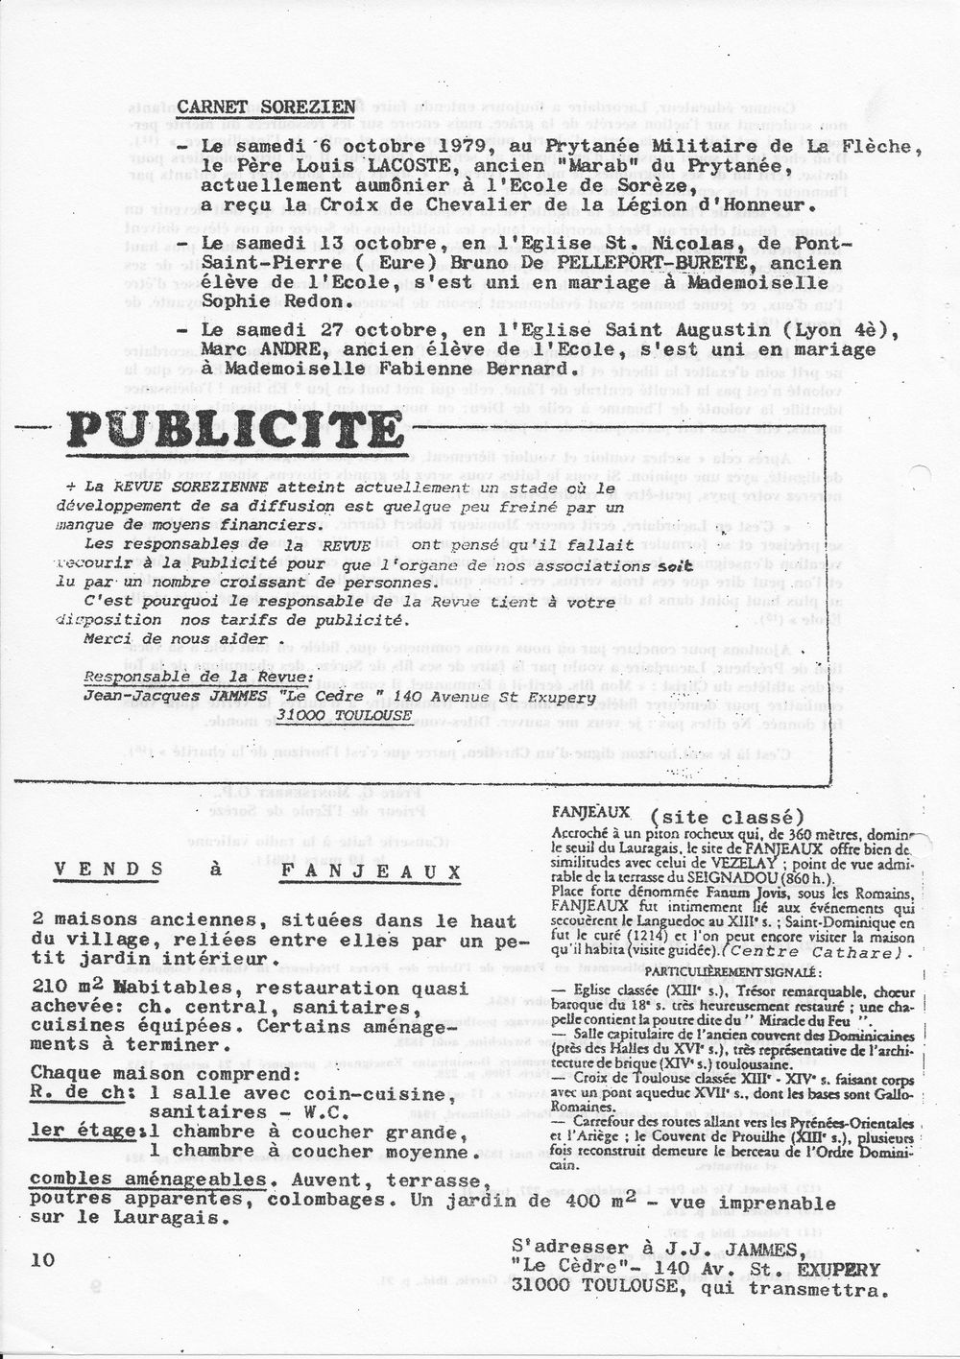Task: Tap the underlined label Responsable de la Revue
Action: [x=199, y=677]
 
